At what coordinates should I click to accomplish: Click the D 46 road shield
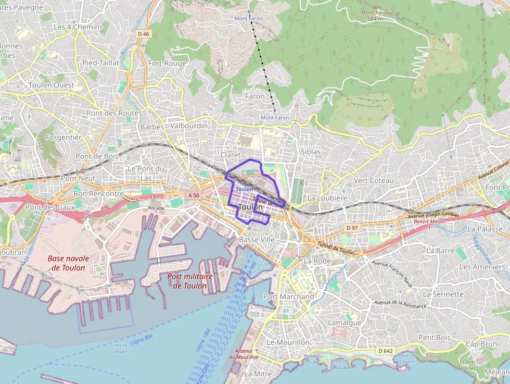(x=143, y=34)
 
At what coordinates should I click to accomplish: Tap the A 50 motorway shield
(x=194, y=195)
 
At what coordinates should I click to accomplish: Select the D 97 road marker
(x=352, y=228)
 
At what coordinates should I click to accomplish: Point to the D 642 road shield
(x=385, y=351)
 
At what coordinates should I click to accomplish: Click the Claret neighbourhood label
(x=231, y=155)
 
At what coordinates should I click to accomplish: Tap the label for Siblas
(x=310, y=152)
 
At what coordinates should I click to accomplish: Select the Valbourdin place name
(x=189, y=126)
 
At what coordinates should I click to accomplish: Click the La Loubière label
(x=327, y=198)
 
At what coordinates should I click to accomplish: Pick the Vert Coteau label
(x=374, y=180)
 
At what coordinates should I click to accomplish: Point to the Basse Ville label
(x=257, y=239)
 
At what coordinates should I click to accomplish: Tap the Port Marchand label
(x=289, y=296)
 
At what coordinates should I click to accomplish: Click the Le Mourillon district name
(x=287, y=342)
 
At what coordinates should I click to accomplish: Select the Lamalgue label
(x=345, y=323)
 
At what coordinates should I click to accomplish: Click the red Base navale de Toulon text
(x=68, y=263)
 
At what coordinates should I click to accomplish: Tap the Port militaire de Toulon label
(x=190, y=281)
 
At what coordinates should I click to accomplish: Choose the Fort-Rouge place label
(x=167, y=63)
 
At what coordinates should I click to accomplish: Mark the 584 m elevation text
(x=375, y=19)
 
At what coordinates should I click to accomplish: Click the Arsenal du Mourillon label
(x=244, y=354)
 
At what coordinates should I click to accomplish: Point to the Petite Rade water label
(x=121, y=348)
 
